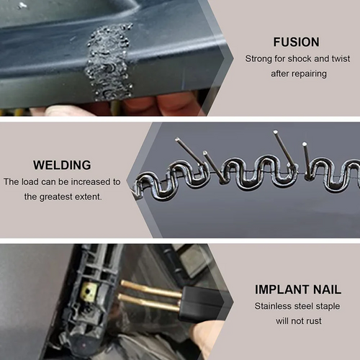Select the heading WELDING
click(x=62, y=165)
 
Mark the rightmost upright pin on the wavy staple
click(x=307, y=158)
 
